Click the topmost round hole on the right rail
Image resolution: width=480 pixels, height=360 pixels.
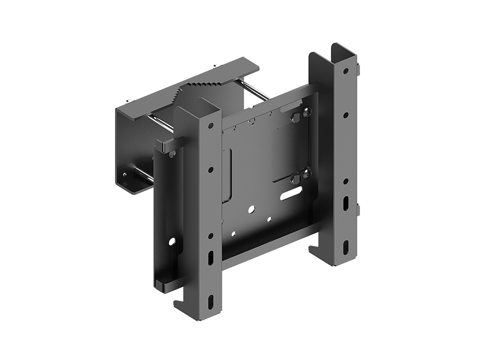point(346,71)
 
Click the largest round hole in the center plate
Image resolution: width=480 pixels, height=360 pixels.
point(251,209)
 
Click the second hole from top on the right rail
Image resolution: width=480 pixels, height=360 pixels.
point(346,115)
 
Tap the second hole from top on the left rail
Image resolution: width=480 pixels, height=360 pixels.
point(211,170)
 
